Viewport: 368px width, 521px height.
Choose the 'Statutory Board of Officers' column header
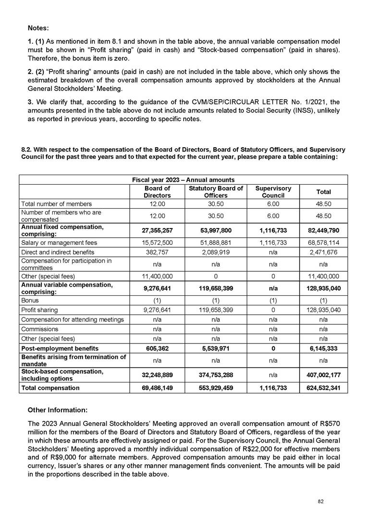pyautogui.click(x=215, y=192)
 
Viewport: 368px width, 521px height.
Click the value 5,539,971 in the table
pyautogui.click(x=215, y=348)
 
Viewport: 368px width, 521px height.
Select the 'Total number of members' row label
pyautogui.click(x=57, y=204)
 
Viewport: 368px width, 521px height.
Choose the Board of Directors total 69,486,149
pyautogui.click(x=157, y=387)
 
